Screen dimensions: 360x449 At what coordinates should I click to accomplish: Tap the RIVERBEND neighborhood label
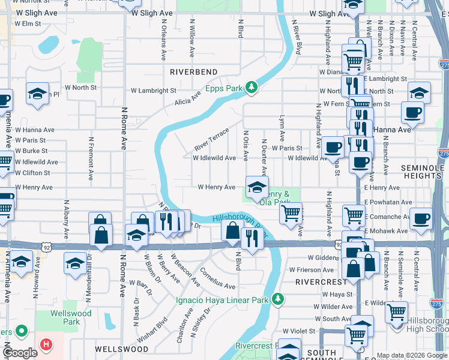tap(193, 72)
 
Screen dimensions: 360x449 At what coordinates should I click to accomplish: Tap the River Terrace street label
tap(211, 140)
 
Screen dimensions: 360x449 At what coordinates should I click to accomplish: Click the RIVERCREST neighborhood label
tap(321, 281)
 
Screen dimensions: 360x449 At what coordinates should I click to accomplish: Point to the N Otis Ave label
tap(246, 146)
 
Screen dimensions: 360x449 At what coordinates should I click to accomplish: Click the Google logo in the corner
tap(20, 353)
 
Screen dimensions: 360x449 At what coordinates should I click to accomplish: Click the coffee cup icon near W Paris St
tap(332, 147)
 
